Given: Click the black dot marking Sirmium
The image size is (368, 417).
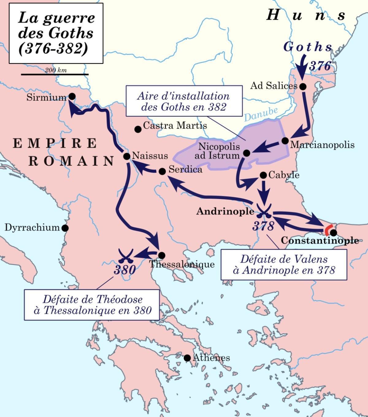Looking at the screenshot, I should tap(72, 96).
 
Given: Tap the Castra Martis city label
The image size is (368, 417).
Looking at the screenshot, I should tap(175, 126).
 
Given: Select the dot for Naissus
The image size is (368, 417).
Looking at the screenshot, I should tap(127, 156).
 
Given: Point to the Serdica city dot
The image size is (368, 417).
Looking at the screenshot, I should tap(162, 171).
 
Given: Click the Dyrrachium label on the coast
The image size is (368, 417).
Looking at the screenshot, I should tap(32, 228).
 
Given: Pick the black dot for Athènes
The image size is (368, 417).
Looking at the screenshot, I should tap(187, 358).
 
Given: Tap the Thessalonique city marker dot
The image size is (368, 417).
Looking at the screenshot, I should tap(162, 255).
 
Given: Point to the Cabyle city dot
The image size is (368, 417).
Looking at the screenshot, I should tap(263, 175).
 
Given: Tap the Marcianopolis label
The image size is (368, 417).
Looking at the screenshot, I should tap(322, 145).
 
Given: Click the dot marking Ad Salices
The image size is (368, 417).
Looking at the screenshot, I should tap(303, 86).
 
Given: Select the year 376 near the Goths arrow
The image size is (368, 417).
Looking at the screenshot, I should tap(320, 66).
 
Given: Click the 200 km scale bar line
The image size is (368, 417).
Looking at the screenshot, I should tap(55, 74).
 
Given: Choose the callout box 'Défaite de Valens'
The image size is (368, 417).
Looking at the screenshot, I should tap(284, 264).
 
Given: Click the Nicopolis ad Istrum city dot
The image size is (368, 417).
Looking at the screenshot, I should tap(246, 153).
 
